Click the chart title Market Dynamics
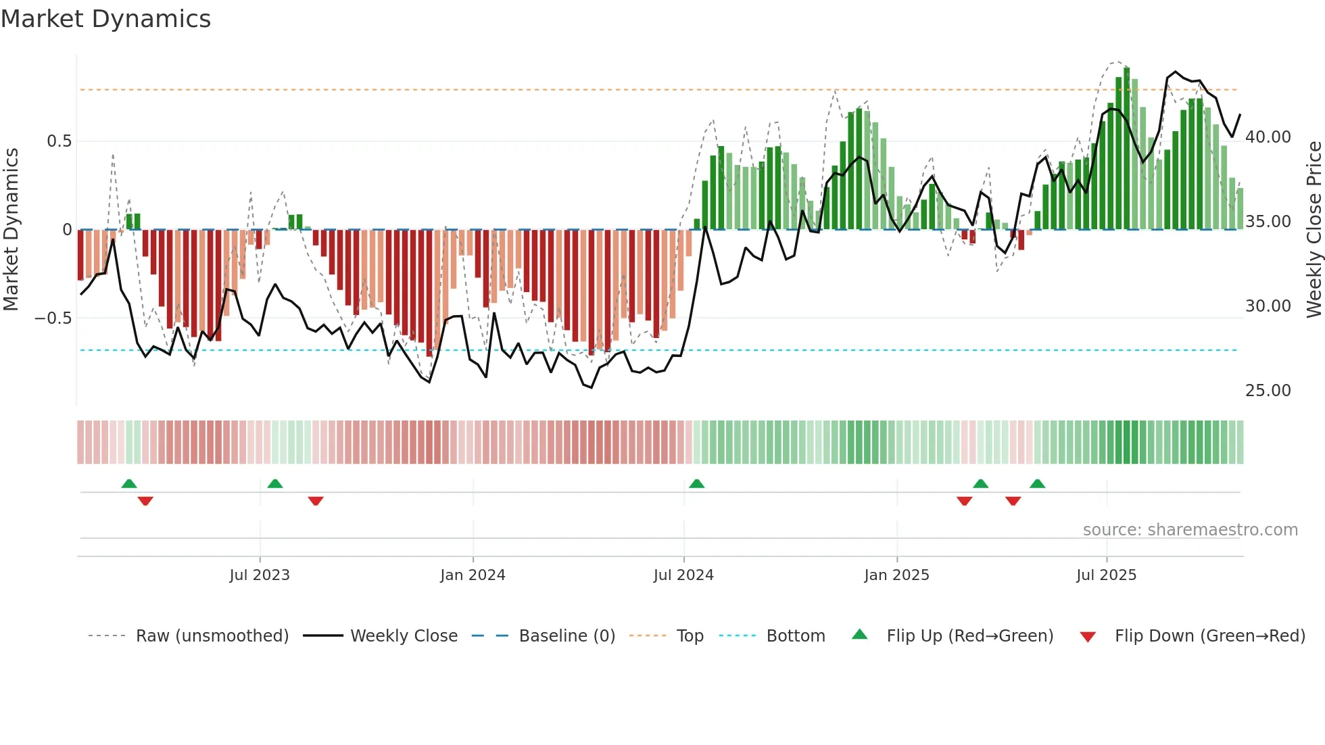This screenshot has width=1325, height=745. (106, 19)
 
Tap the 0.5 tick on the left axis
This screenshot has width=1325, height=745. (59, 141)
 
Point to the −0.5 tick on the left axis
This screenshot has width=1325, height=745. (53, 318)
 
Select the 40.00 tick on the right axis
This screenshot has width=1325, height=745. (1268, 137)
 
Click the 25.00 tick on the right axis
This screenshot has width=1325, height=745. (1268, 391)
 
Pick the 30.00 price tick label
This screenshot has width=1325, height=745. (1268, 306)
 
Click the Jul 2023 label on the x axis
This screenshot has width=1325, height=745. (260, 575)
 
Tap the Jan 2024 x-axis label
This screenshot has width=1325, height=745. (473, 575)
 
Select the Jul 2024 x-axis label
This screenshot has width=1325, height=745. (683, 575)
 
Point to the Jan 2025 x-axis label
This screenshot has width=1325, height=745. (896, 575)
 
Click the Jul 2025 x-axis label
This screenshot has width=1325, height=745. (1106, 575)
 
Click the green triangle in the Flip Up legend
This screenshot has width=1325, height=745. (859, 634)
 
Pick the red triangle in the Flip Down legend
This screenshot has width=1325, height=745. (1088, 637)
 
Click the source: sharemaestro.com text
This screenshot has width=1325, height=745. (1190, 530)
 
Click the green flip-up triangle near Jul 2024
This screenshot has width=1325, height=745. (696, 483)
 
